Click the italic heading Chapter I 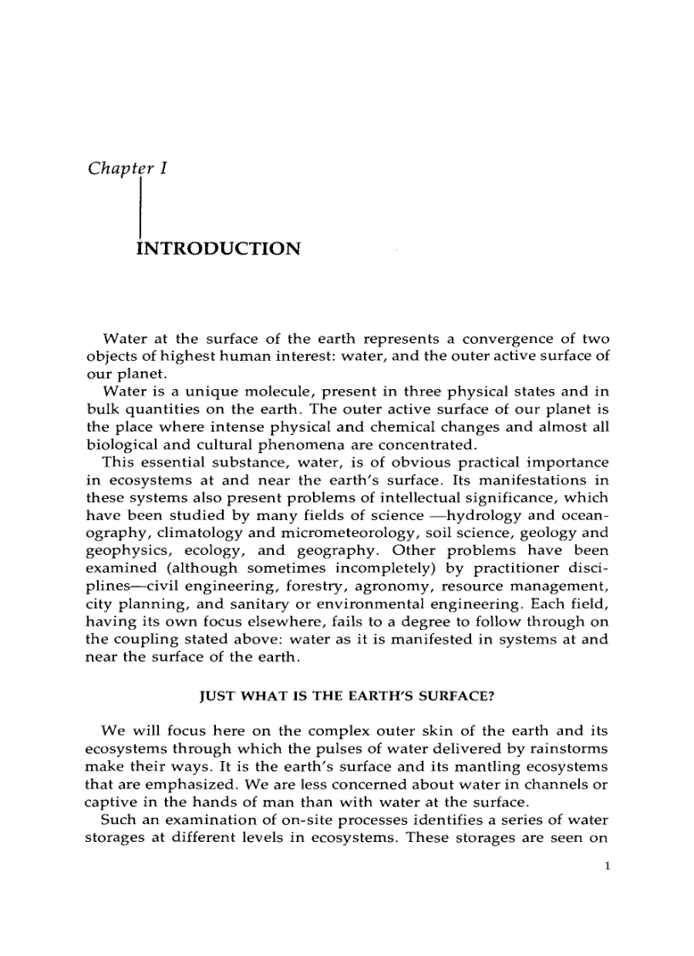tap(127, 169)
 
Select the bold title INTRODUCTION tap(218, 249)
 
